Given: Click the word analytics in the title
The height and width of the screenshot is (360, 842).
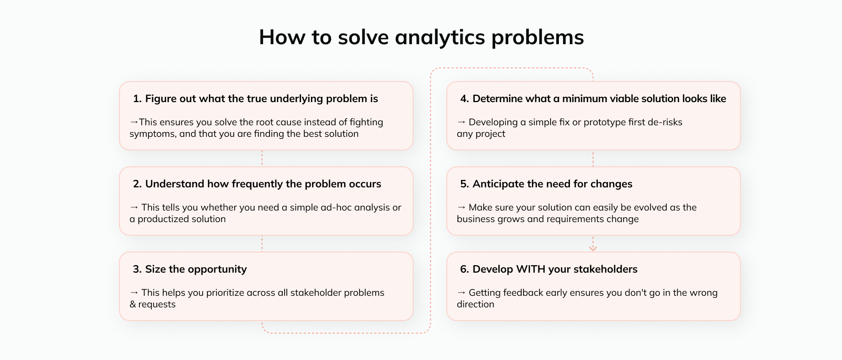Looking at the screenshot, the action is coord(440,37).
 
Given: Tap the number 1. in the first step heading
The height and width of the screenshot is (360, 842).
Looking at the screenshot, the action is coord(137,98).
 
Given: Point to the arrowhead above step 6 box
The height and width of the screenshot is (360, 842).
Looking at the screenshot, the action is coord(593,248).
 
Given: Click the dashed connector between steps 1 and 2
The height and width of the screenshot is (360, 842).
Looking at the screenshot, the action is coord(262,158).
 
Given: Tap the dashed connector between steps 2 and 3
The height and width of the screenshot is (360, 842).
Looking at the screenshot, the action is coord(262,244).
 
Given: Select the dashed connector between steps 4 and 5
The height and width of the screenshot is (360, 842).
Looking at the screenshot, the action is coord(593,158).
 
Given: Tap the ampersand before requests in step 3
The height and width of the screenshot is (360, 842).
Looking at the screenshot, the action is coord(133,304).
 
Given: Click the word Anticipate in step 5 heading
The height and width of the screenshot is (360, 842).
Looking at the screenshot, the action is coord(498,184).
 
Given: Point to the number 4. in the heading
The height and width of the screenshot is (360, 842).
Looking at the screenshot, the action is coord(465,98).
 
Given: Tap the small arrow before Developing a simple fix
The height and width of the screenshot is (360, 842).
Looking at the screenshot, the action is coord(461,122).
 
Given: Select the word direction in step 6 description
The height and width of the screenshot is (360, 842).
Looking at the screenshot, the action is coord(476,304).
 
